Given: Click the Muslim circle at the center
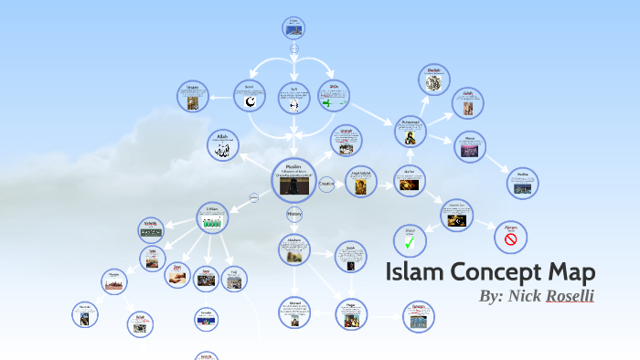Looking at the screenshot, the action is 294,179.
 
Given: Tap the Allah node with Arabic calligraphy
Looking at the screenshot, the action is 223,145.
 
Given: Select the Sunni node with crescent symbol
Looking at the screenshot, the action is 250,97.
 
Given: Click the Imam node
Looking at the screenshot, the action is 193,96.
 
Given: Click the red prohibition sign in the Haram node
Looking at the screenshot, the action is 510,239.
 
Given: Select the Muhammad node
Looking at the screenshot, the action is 411,132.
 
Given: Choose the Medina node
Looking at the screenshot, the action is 522,182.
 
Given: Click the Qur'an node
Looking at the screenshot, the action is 409,181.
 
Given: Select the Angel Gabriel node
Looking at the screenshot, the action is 359,181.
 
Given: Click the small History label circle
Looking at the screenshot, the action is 294,215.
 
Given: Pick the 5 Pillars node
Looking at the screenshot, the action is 211,217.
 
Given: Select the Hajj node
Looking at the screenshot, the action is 234,279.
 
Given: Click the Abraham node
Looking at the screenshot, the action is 294,250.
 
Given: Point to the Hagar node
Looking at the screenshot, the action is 349,313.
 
